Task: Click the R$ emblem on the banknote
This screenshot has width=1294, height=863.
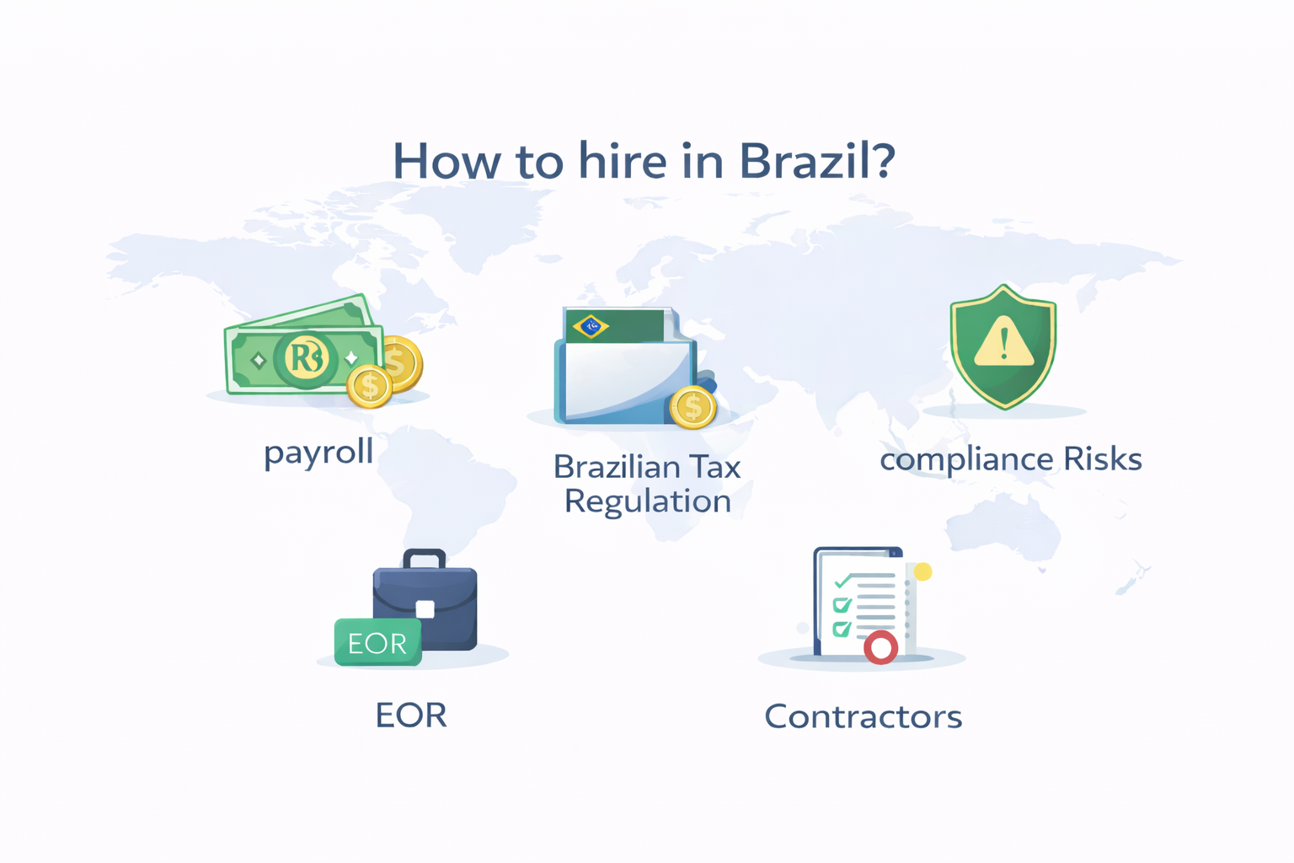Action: pos(305,358)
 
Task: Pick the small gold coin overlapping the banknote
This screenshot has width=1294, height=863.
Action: pos(369,386)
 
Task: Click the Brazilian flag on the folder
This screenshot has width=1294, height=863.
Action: pos(591,325)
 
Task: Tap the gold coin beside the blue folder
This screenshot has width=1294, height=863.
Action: pos(692,407)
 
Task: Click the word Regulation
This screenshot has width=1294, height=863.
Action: pos(647,501)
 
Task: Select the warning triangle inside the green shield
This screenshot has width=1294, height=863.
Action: pos(1003,344)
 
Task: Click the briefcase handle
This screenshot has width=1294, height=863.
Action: pos(424,558)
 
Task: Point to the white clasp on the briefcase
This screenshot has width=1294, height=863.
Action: pos(425,608)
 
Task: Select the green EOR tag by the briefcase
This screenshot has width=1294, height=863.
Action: pos(377,643)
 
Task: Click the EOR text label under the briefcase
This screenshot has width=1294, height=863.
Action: pos(410,716)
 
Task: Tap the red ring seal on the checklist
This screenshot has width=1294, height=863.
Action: pos(881,647)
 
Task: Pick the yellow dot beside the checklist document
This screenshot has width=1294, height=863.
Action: pos(923,572)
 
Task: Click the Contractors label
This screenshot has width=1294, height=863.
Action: pos(863,717)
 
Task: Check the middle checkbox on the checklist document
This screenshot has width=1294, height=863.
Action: pos(841,605)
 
